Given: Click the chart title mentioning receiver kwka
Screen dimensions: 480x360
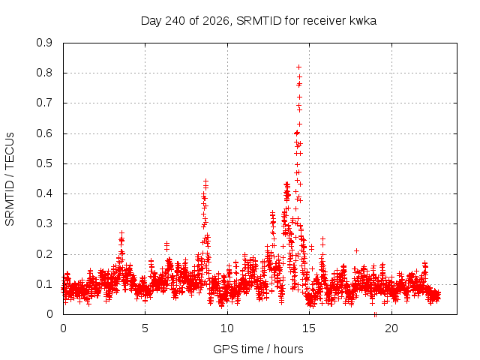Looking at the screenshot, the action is coord(258,21).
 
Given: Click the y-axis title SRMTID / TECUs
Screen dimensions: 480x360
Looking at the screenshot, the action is coord(10,179).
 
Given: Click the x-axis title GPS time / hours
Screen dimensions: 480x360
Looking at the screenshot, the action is coord(258,349).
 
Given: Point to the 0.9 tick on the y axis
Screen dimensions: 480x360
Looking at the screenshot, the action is coord(44,43).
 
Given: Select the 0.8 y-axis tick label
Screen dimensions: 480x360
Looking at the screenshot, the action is coord(44,73).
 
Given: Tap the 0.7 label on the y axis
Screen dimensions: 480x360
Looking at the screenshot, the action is coord(44,103).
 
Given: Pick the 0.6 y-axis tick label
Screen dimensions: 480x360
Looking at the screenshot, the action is coord(44,133).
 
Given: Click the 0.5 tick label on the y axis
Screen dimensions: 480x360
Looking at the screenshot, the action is coord(44,163).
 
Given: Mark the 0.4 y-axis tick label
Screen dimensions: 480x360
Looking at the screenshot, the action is coord(44,193).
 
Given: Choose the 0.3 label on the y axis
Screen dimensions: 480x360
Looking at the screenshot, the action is coord(44,223).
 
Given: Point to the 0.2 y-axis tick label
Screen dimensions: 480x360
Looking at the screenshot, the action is coord(44,254).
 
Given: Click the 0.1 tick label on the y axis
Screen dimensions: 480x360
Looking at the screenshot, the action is coord(44,284).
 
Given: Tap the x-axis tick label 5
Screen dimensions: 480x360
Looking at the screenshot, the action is coord(145,328).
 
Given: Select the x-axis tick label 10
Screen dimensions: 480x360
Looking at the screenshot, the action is coord(227,328).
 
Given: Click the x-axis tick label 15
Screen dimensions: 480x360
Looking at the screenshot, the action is coord(309,328).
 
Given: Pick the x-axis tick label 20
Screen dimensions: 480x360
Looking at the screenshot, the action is coord(391,328).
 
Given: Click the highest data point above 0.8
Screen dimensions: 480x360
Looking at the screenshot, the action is coord(298,67).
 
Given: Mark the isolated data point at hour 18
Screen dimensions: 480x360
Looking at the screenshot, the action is coord(356,251).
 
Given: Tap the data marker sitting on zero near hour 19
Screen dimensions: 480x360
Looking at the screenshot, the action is coord(375,314).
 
